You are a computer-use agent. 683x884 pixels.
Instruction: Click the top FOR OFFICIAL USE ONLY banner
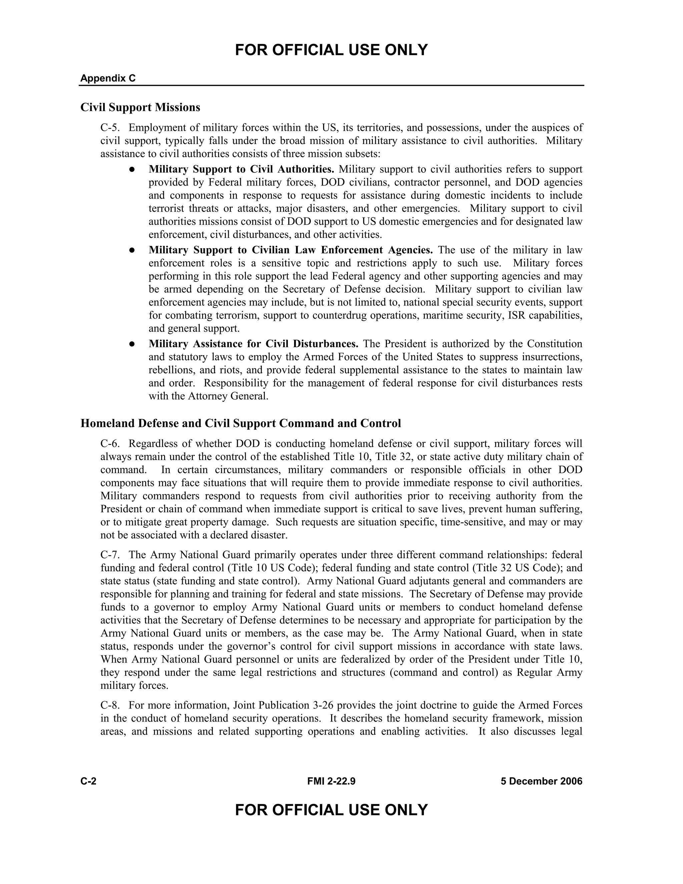click(331, 50)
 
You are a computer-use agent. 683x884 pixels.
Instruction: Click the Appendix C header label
click(108, 78)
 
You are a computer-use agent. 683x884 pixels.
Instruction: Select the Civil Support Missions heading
click(140, 107)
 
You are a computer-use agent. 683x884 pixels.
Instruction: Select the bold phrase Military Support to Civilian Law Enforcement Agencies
click(290, 250)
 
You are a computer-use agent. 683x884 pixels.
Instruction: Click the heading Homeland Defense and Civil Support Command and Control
click(241, 423)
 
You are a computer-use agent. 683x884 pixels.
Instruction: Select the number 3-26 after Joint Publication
click(323, 706)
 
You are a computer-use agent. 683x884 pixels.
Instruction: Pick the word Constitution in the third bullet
click(554, 344)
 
